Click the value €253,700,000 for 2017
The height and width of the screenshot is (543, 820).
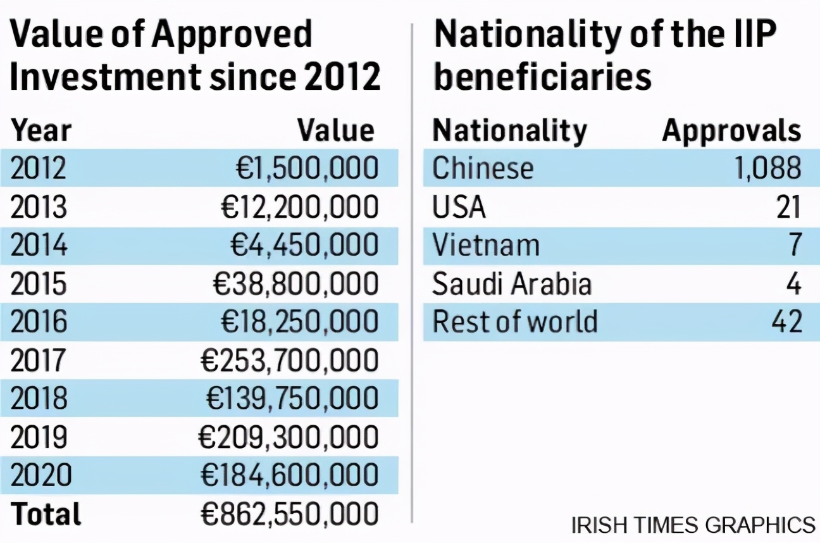(289, 361)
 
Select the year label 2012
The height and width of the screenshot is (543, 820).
(39, 168)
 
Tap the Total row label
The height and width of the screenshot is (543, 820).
(46, 514)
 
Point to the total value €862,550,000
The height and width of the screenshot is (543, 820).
(289, 514)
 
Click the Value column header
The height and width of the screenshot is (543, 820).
(336, 130)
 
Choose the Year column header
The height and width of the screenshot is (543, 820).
(41, 130)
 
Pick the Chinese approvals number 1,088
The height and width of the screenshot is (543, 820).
(767, 168)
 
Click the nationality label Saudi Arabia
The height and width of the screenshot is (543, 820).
(511, 284)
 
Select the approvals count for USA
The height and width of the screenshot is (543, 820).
(788, 207)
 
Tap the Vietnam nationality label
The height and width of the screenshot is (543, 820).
(485, 246)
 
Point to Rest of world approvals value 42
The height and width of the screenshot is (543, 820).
(787, 322)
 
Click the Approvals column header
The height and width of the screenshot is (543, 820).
(731, 130)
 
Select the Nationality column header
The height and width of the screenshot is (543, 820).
(509, 130)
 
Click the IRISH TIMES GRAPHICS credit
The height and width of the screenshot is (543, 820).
(693, 525)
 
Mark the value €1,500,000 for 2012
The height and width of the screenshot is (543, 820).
(307, 168)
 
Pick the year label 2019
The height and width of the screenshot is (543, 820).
(39, 437)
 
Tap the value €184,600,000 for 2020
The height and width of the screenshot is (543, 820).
(289, 476)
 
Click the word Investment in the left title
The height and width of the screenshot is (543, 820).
(102, 77)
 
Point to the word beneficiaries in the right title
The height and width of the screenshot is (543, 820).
(542, 77)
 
